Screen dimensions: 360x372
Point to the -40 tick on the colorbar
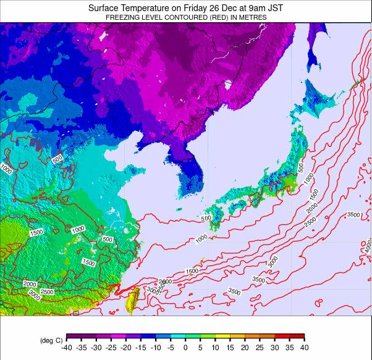pos(67,348)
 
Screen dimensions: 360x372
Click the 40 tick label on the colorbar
pos(304,348)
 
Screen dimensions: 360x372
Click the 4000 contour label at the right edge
pos(368,246)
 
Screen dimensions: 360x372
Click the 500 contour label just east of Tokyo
pos(301,167)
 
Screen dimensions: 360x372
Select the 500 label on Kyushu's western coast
pos(206,218)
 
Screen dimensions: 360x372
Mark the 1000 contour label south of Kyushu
pos(201,238)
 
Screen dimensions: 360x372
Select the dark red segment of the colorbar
pos(297,337)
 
